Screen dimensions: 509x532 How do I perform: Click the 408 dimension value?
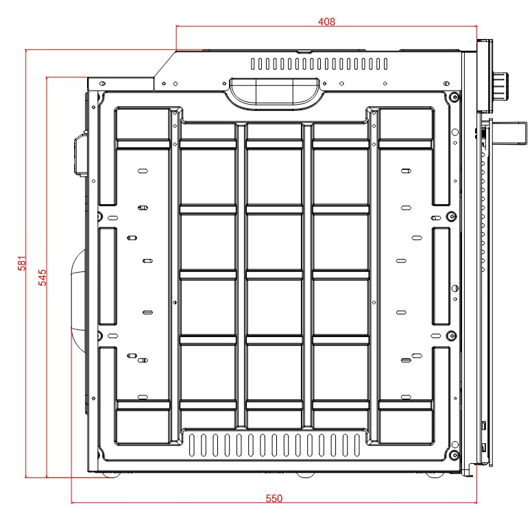[326, 21]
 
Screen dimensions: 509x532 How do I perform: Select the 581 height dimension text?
[21, 263]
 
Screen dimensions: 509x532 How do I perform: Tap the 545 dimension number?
[42, 277]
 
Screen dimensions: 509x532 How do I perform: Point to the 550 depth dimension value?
[274, 498]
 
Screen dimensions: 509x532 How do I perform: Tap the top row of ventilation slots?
[319, 64]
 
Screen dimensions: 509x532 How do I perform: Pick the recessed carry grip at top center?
[275, 91]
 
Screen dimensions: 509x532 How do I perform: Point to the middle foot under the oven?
[302, 474]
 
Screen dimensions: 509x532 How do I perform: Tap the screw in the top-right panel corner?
[454, 97]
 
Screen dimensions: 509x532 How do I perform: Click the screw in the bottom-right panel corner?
[453, 455]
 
